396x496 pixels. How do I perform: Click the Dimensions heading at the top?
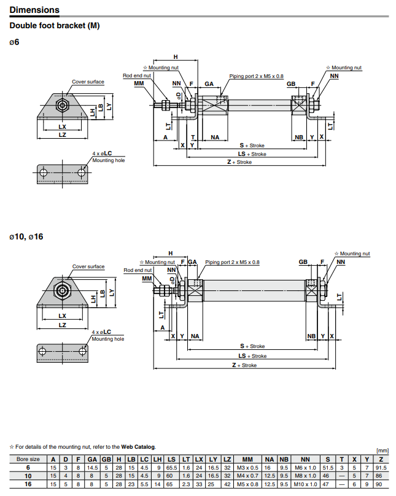point(34,10)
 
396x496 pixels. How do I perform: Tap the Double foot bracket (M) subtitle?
point(54,26)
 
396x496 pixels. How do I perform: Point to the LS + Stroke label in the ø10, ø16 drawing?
point(253,356)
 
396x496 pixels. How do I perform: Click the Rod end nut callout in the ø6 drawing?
point(137,76)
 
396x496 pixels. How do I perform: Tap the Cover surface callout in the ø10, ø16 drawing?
point(88,267)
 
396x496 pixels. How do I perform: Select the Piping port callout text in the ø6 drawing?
point(257,76)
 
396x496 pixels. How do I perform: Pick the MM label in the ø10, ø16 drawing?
point(147,279)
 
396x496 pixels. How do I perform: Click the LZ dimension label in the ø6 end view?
point(62,134)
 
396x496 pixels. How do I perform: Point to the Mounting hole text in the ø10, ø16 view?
point(108,339)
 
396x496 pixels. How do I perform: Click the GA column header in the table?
point(92,459)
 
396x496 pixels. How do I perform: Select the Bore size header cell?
point(28,459)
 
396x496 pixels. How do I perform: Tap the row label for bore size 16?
point(28,485)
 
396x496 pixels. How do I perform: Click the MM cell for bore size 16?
point(247,485)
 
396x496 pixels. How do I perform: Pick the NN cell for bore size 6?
point(305,468)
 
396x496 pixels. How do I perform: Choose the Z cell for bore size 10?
point(382,476)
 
